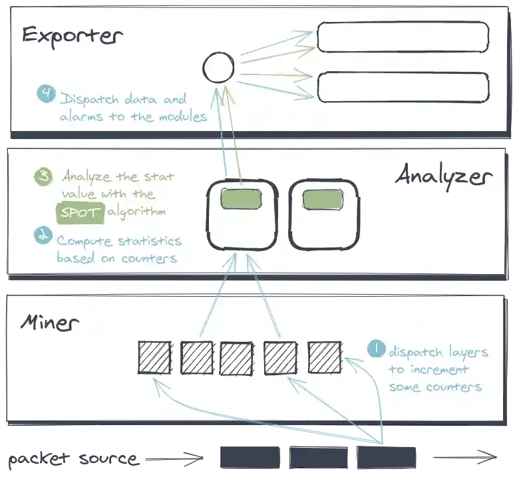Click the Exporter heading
pyautogui.click(x=72, y=35)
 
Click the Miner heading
pyautogui.click(x=50, y=324)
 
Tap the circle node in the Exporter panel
pyautogui.click(x=218, y=68)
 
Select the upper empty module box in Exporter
pyautogui.click(x=403, y=37)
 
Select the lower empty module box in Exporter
pyautogui.click(x=403, y=87)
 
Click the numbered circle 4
pyautogui.click(x=46, y=94)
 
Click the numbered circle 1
pyautogui.click(x=375, y=349)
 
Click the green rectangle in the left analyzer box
pyautogui.click(x=242, y=199)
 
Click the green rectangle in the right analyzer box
pyautogui.click(x=323, y=199)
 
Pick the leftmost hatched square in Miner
pyautogui.click(x=154, y=357)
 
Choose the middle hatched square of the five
pyautogui.click(x=236, y=358)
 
